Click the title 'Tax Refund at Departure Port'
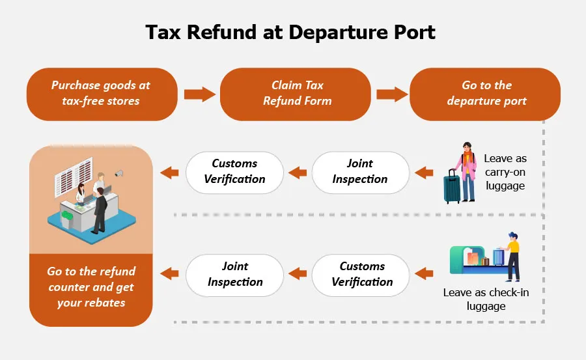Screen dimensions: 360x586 click(290, 33)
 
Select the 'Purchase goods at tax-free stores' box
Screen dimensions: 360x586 click(101, 94)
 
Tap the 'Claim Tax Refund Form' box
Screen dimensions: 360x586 click(296, 94)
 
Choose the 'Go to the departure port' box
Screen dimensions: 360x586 click(486, 94)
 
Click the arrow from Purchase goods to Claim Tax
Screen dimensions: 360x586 click(199, 94)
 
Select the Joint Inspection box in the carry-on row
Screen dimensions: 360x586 click(360, 173)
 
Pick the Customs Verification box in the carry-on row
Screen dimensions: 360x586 click(235, 173)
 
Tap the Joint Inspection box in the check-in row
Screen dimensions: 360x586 click(235, 274)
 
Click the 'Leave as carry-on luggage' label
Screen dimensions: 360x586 click(505, 173)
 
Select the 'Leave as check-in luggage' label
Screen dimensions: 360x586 click(486, 299)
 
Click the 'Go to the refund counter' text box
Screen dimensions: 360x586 click(91, 287)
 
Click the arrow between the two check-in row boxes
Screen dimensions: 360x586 click(298, 274)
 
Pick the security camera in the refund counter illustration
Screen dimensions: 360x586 click(119, 174)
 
